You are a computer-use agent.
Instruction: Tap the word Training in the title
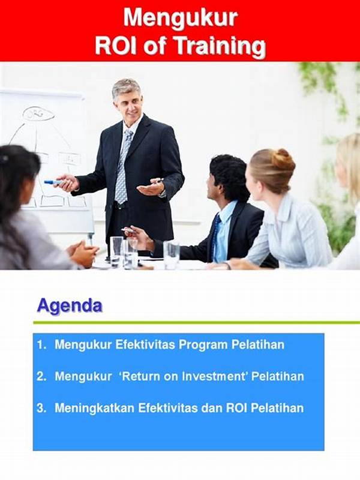tap(220, 46)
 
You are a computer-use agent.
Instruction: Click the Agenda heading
tap(70, 306)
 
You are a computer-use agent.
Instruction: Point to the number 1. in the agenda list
tap(41, 344)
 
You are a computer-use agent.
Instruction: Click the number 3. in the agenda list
tap(41, 408)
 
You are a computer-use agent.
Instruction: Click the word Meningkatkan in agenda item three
tap(95, 409)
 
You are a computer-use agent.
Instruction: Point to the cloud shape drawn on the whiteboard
tap(38, 113)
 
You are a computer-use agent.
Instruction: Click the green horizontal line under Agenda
tap(197, 323)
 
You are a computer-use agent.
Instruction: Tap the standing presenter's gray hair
tap(126, 87)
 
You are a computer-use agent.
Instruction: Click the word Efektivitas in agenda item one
tap(145, 344)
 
